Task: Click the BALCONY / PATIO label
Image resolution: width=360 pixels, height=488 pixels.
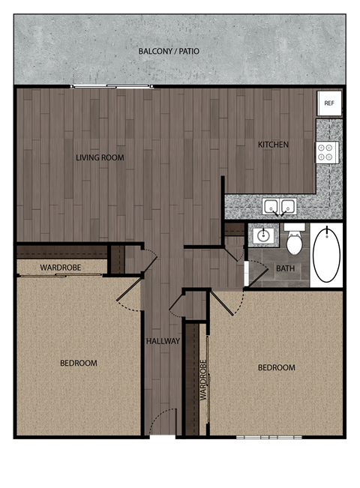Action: coord(169,52)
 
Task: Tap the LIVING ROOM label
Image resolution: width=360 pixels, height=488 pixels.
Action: coord(100,158)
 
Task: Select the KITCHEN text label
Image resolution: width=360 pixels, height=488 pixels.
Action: coord(273,145)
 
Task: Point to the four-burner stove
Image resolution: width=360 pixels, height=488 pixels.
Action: coord(326,152)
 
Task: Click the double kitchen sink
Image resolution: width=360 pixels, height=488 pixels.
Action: coord(279,206)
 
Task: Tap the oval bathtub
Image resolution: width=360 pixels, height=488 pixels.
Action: coord(326,255)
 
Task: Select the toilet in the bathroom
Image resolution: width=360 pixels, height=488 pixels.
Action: coord(294,240)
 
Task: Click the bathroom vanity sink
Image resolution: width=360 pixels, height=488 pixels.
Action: coord(263,235)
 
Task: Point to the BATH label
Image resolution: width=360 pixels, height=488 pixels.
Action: coord(285,268)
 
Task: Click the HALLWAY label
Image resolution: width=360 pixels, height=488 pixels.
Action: coord(163,341)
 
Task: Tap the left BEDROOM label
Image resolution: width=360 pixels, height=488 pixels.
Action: coord(79,364)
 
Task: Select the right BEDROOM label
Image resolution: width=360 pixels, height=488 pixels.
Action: coord(276,368)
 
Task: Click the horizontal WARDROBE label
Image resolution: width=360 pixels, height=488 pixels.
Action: coord(61,267)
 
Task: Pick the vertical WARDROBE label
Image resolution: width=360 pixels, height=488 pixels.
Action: coord(202,382)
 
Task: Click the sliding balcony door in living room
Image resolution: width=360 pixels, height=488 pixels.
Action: coord(112,87)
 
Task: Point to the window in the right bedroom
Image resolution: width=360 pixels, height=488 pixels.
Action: coord(268,436)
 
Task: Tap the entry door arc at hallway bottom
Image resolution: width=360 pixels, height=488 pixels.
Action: coord(162,422)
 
